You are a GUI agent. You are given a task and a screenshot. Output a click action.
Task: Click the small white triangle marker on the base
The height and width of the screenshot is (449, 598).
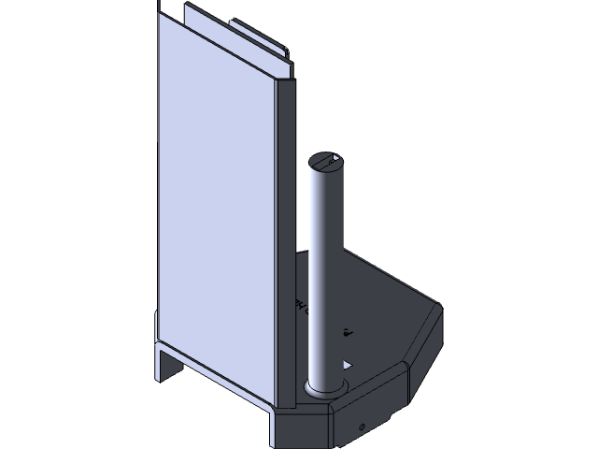coord(348,363)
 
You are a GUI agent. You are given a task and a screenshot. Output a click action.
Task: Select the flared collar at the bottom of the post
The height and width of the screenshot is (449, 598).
coord(322,386)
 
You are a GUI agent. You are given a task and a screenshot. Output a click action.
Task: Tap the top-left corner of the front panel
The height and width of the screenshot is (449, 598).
coord(160,17)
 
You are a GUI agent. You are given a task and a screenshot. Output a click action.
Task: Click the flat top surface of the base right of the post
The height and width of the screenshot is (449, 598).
coord(383,309)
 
